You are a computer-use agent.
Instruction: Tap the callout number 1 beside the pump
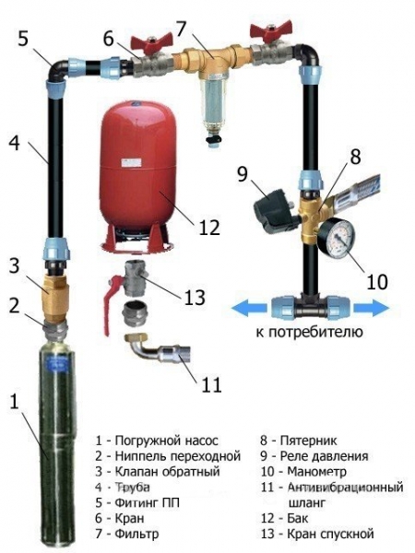(x=13, y=402)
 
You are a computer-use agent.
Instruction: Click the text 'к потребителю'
(x=310, y=331)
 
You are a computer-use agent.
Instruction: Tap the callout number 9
(x=243, y=171)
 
